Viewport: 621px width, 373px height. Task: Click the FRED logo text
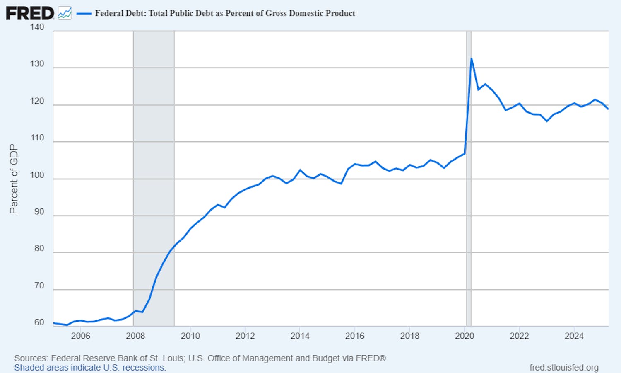click(x=30, y=13)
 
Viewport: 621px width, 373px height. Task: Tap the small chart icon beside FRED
click(x=65, y=13)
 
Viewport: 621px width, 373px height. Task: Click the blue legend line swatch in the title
click(x=84, y=14)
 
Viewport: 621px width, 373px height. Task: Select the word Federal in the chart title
click(x=109, y=13)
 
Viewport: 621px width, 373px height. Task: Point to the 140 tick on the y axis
click(x=37, y=27)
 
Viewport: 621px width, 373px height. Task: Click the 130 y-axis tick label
click(x=37, y=64)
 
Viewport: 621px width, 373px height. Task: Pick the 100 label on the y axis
click(x=37, y=175)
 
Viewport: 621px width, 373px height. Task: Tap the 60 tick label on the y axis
click(x=39, y=322)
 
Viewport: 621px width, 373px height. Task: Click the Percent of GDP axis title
click(x=14, y=179)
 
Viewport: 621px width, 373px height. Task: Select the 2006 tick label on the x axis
click(x=80, y=336)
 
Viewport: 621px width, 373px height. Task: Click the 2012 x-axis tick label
click(x=245, y=336)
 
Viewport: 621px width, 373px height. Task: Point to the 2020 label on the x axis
click(x=465, y=336)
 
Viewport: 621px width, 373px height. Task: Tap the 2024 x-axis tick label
click(x=574, y=336)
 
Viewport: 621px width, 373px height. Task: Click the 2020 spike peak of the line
click(x=472, y=59)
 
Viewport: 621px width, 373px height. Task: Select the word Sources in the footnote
click(x=30, y=358)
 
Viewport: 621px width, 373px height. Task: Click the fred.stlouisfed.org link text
click(x=564, y=368)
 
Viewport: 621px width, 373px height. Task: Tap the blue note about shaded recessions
click(x=90, y=368)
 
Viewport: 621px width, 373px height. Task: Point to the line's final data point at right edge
click(x=608, y=109)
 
